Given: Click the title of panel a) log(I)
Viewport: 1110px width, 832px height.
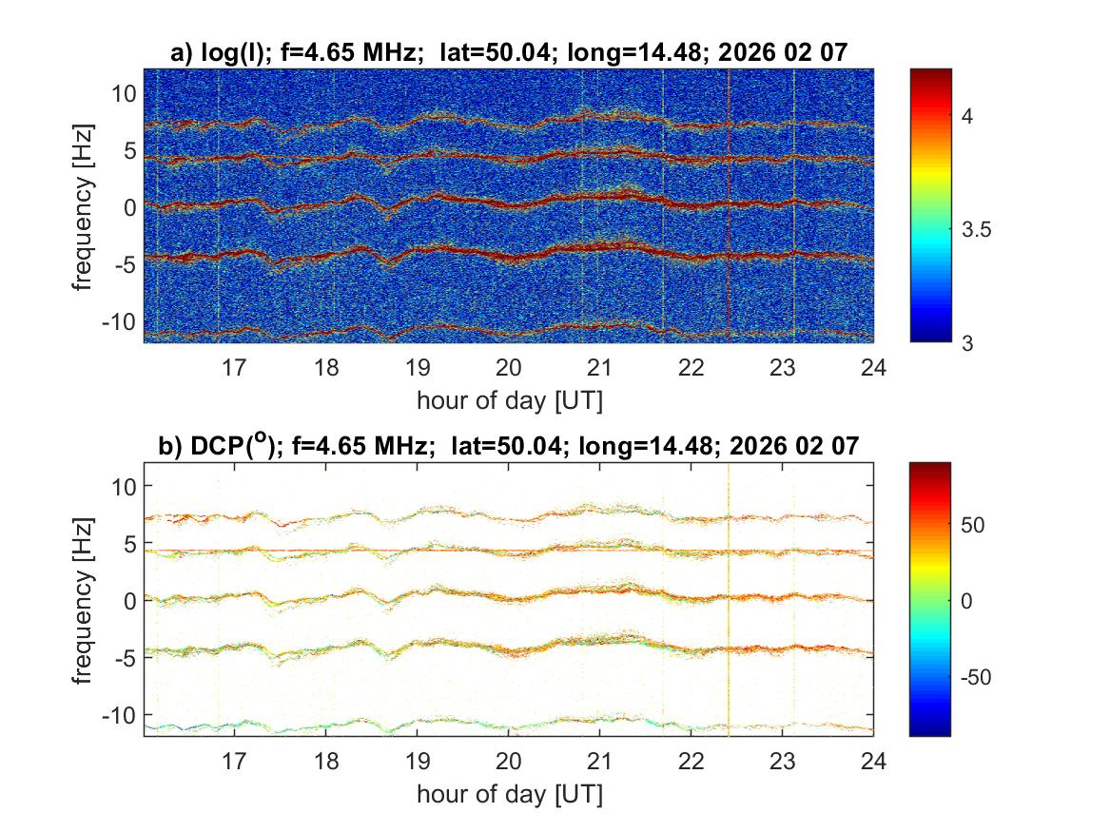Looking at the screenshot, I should point(508,53).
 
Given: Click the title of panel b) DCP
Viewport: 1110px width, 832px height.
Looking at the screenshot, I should point(508,445).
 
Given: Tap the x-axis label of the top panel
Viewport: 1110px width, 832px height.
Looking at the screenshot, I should point(509,400).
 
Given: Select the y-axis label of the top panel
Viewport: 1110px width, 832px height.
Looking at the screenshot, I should point(86,206).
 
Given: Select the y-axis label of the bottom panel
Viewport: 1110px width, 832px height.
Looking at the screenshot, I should point(86,599).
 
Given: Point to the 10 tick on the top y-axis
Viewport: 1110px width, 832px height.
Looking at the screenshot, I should point(124,93).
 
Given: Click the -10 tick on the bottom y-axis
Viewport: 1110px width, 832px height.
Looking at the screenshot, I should point(120,714).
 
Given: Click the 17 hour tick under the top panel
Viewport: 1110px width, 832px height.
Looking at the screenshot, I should point(235,367).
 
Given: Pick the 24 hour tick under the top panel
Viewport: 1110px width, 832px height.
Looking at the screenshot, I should point(873,367).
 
